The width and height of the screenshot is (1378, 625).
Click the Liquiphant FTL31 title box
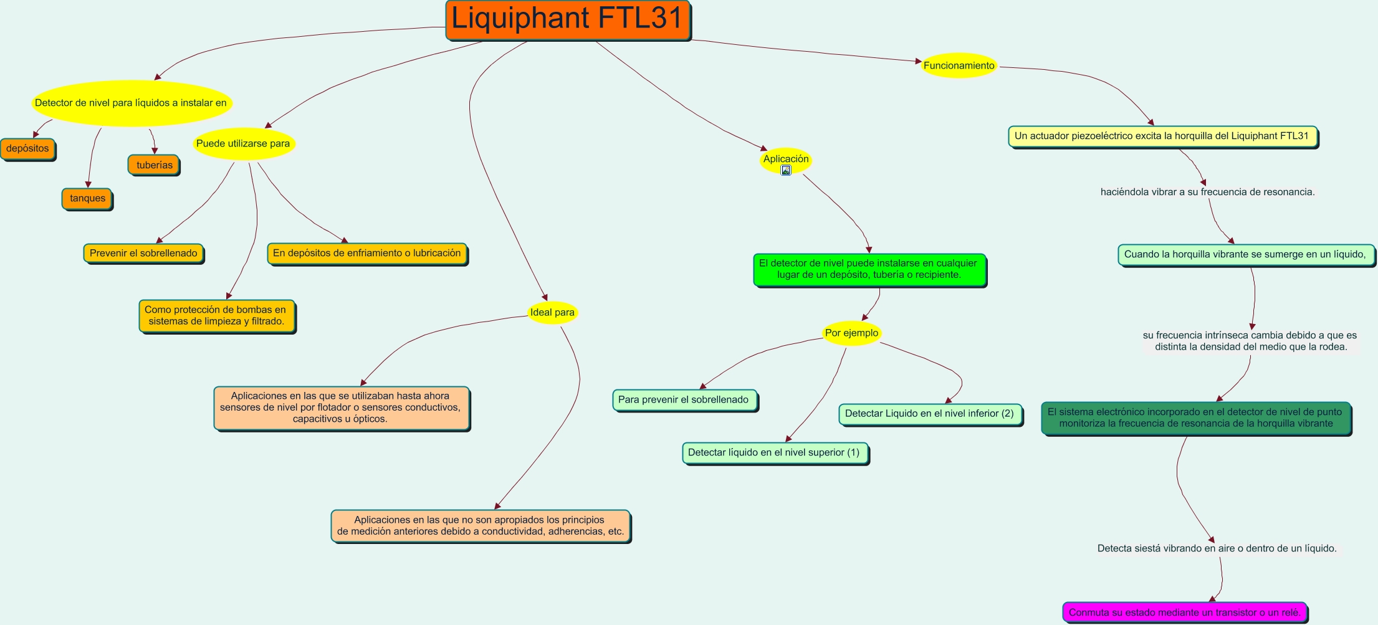[568, 20]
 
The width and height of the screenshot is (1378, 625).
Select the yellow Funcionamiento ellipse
[959, 65]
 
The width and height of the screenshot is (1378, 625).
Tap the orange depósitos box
[28, 149]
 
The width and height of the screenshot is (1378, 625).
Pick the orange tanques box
[87, 199]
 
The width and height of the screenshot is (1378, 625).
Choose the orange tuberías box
[154, 165]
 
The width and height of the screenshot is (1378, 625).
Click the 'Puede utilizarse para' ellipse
[243, 144]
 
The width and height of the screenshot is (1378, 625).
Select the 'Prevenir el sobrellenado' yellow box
[143, 254]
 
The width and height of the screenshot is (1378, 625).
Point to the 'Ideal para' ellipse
[552, 312]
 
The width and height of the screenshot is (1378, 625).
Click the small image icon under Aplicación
[786, 170]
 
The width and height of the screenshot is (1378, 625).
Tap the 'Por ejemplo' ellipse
[851, 333]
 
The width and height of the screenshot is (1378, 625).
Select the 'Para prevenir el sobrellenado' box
[684, 400]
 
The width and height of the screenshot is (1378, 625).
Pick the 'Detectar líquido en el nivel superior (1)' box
[775, 453]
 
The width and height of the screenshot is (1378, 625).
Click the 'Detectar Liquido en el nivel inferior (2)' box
[930, 414]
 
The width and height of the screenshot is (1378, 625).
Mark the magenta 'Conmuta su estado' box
[1184, 613]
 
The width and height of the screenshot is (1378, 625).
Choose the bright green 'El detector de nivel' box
[869, 269]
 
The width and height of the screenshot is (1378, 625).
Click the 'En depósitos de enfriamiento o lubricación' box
[367, 254]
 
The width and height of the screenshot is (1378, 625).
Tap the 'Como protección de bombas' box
[216, 316]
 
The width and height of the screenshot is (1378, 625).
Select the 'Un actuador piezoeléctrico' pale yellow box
[1162, 136]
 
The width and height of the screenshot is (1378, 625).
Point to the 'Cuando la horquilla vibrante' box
[1245, 254]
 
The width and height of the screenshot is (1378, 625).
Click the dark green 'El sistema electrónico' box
[1195, 418]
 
